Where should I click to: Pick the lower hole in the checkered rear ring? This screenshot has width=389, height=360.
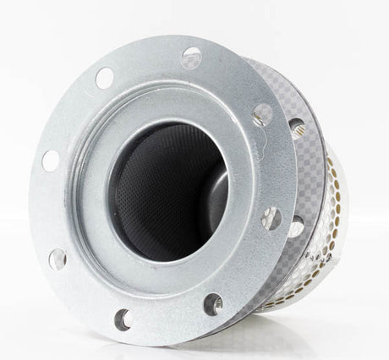tap(295, 226)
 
